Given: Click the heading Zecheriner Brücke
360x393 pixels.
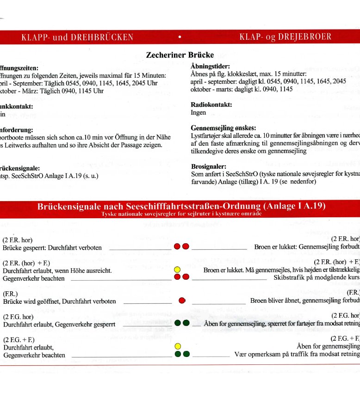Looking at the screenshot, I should click(x=180, y=55).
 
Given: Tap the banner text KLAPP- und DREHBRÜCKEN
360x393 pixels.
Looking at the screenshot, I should click(x=77, y=37).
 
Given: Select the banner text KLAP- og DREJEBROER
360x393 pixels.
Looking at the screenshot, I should click(x=286, y=37).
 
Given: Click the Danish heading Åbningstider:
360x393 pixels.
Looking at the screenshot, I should click(x=211, y=67).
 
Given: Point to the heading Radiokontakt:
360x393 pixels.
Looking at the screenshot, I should click(x=211, y=105).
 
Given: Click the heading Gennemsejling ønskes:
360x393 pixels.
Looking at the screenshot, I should click(x=223, y=128).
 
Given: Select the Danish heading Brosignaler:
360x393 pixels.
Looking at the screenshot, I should click(x=209, y=166).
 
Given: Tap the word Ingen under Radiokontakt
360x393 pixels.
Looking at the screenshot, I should click(x=199, y=112).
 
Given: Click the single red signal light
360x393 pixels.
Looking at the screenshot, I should click(x=182, y=301).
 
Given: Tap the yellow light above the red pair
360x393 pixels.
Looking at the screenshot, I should click(x=177, y=270).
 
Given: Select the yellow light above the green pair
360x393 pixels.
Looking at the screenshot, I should click(x=177, y=346).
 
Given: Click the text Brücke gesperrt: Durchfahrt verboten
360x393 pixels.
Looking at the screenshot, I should click(x=52, y=247).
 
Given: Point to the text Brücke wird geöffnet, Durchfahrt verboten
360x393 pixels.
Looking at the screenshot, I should click(x=59, y=301).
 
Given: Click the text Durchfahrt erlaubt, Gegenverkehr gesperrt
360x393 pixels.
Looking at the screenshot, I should click(x=59, y=324).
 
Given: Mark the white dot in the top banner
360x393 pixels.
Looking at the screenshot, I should click(x=179, y=37).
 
